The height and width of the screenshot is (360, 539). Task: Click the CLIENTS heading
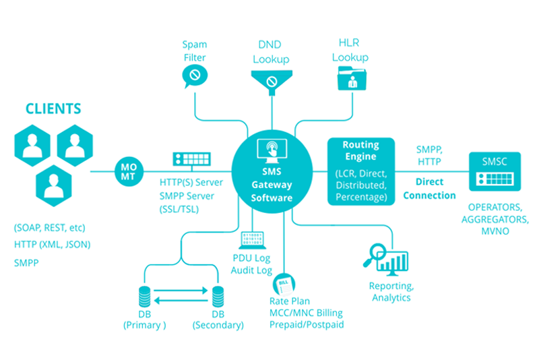click(53, 108)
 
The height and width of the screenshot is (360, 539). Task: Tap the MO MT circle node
click(129, 171)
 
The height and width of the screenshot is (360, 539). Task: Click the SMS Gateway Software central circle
click(272, 171)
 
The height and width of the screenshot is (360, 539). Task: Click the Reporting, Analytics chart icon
click(387, 258)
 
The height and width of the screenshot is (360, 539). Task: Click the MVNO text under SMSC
click(496, 231)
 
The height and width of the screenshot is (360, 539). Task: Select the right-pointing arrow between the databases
click(181, 291)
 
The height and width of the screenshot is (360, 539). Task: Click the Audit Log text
click(251, 270)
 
